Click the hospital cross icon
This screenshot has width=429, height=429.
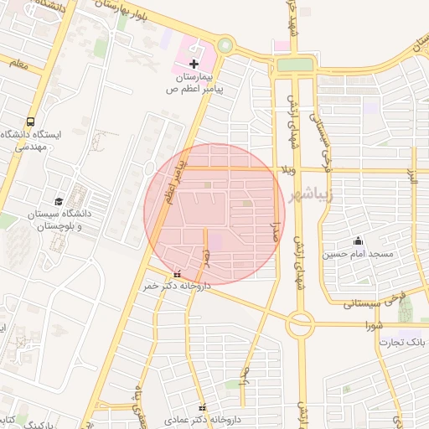click(194, 64)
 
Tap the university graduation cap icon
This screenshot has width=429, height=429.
click(59, 201)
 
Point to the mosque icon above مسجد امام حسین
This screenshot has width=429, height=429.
click(359, 240)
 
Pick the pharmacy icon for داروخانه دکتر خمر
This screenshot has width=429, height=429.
click(177, 273)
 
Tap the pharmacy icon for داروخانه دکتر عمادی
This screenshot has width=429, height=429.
click(200, 406)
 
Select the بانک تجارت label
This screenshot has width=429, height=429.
click(402, 343)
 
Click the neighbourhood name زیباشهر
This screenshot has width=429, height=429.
click(310, 195)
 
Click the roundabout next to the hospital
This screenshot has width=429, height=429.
click(225, 45)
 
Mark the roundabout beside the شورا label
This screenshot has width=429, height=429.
click(300, 324)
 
